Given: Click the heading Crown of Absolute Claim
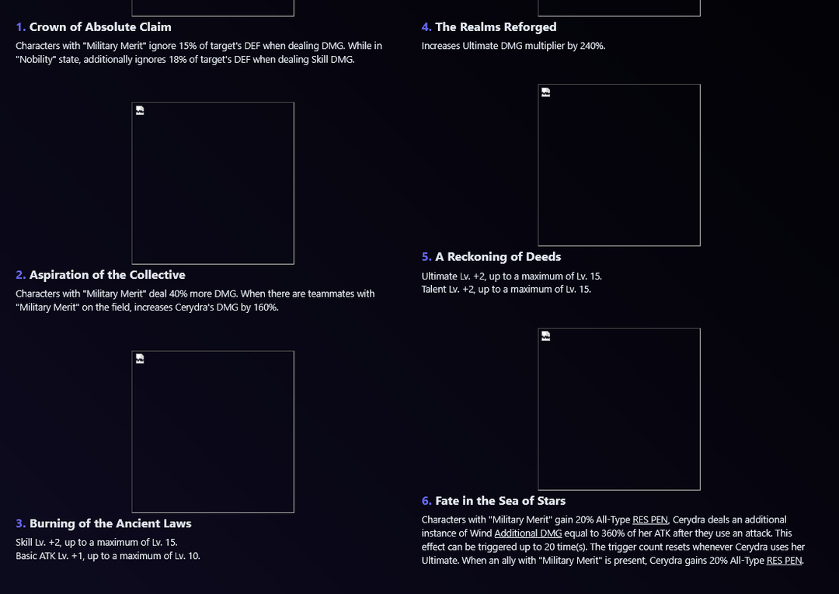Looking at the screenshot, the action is pos(100,26).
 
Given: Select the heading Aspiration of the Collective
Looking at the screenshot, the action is pos(107,275).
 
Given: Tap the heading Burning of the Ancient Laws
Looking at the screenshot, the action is pos(110,523).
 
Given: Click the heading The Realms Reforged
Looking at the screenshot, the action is pos(496,26).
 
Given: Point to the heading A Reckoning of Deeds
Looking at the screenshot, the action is pos(498,257).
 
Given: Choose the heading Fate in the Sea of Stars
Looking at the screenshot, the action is pos(500,501).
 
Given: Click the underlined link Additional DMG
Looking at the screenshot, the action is pos(528,533).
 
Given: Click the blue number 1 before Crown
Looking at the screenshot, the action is pos(20,26).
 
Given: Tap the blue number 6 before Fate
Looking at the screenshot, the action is pos(426,501).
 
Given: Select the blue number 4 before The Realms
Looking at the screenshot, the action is pos(426,26).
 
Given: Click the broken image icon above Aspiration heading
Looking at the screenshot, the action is pos(140,111).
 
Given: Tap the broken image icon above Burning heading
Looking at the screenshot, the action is pos(140,359).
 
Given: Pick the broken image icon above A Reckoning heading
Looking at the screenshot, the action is pos(546,92).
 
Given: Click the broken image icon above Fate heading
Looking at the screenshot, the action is pos(546,336).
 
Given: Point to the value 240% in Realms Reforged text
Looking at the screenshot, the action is pos(592,46).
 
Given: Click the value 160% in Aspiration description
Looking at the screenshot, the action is pos(266,307).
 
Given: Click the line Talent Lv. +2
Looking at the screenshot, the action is pos(507,290).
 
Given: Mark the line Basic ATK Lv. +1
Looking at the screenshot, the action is pos(108,556).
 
